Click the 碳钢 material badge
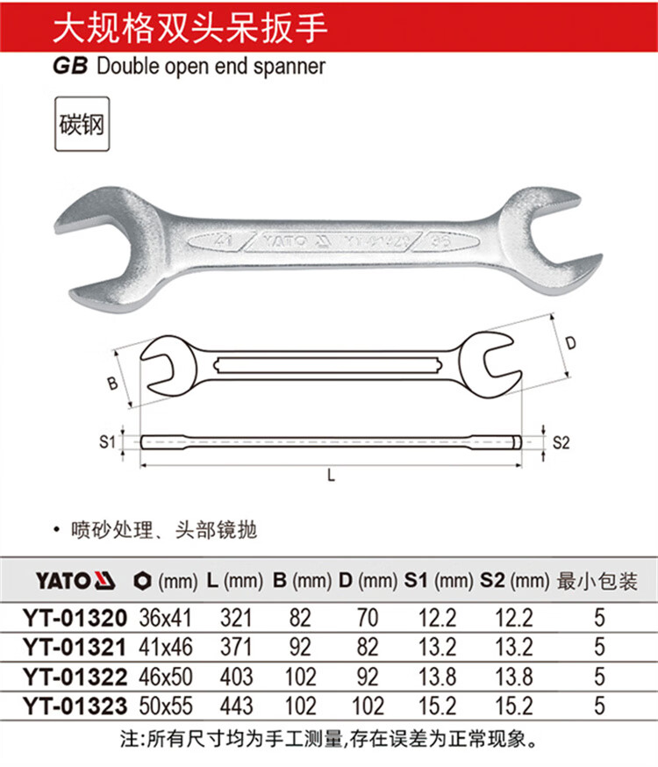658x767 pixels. (82, 124)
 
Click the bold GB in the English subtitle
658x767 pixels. (70, 66)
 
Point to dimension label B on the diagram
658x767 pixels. (112, 383)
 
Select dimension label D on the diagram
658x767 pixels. (570, 343)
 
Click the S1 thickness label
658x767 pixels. (106, 441)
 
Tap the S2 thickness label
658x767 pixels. (561, 442)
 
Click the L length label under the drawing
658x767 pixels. (331, 475)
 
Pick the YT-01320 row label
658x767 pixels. (75, 618)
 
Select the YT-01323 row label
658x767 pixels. (75, 706)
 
